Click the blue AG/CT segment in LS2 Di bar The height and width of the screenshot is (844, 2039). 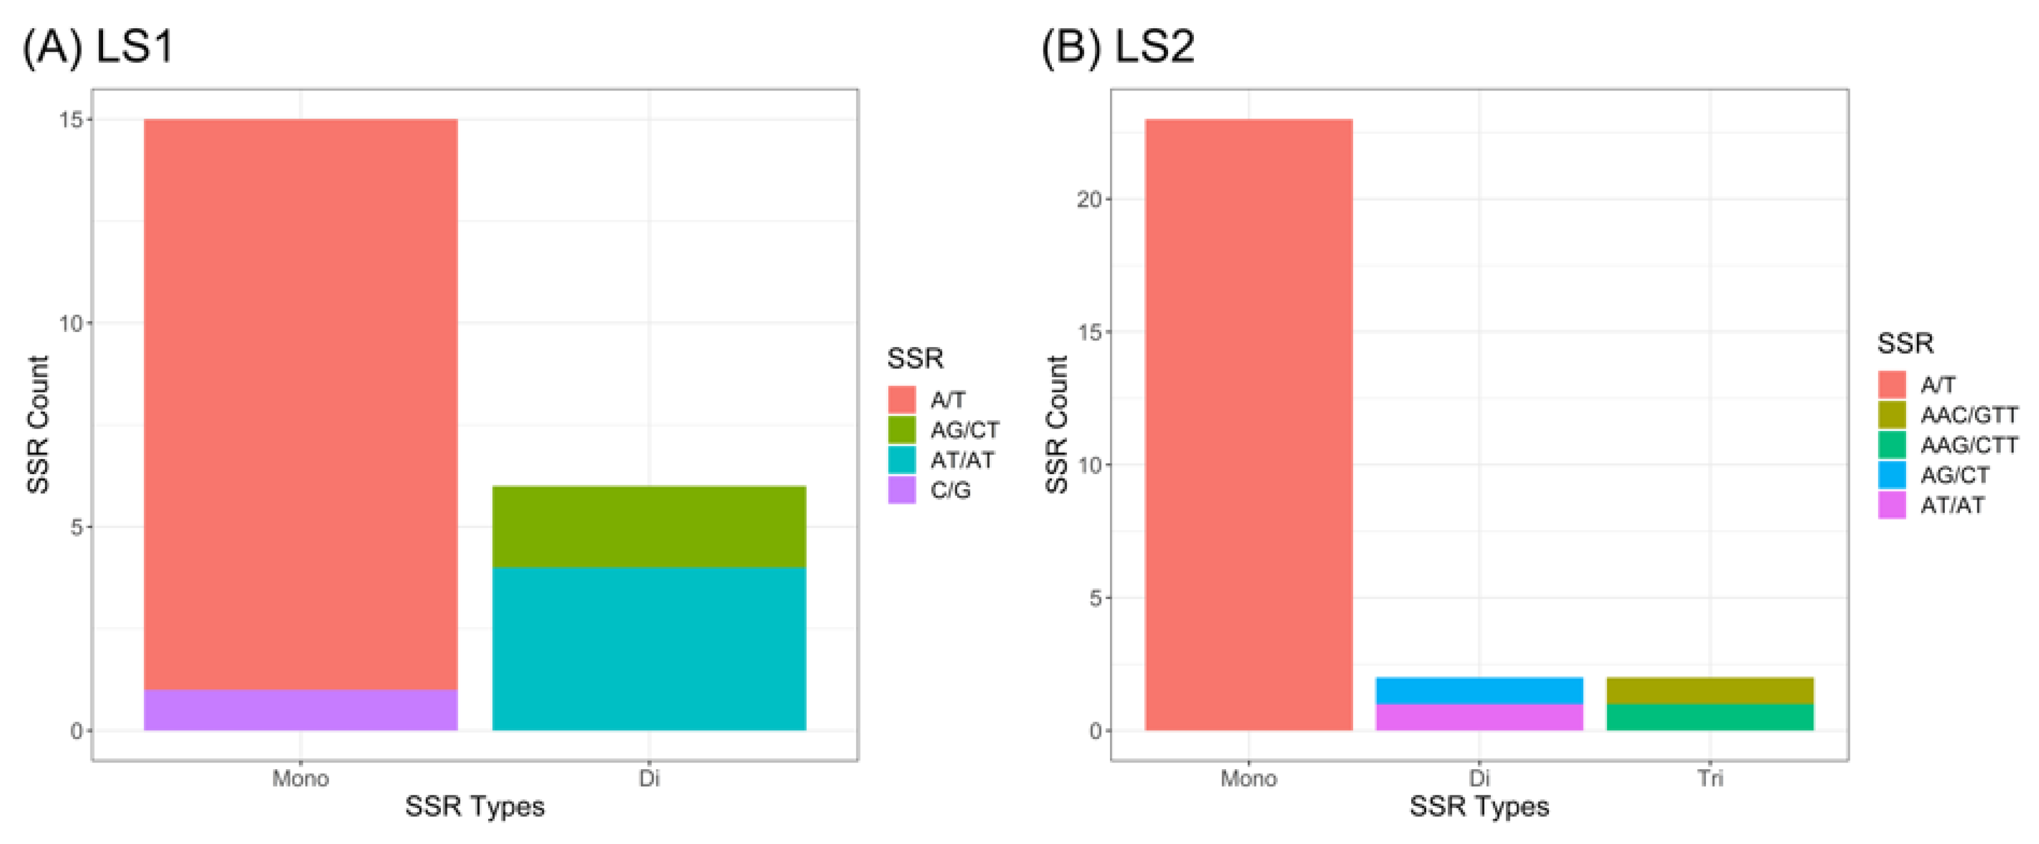[x=1478, y=691]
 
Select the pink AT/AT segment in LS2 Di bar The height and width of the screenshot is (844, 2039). [x=1478, y=716]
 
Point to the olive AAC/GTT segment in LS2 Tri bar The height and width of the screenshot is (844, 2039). [x=1710, y=691]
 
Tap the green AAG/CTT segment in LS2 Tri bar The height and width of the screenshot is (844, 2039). [x=1710, y=716]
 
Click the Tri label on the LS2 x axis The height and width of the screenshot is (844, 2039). [x=1710, y=778]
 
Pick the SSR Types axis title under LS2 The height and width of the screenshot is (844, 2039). [x=1478, y=807]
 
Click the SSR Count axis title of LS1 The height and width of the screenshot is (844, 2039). [x=38, y=424]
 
